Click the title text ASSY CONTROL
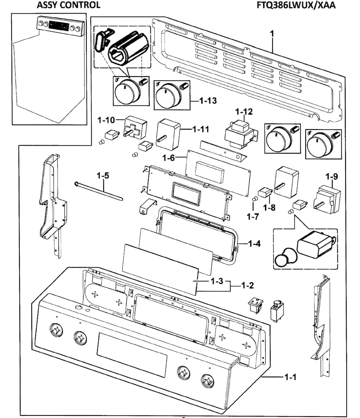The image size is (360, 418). (68, 5)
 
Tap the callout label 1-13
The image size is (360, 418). (208, 101)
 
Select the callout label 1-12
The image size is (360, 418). (244, 112)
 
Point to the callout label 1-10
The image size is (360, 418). (106, 119)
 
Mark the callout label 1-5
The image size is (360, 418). (103, 176)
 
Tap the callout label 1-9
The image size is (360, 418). (332, 177)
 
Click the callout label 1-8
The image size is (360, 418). (269, 208)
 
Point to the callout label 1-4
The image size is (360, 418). (254, 244)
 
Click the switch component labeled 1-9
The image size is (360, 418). (328, 200)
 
